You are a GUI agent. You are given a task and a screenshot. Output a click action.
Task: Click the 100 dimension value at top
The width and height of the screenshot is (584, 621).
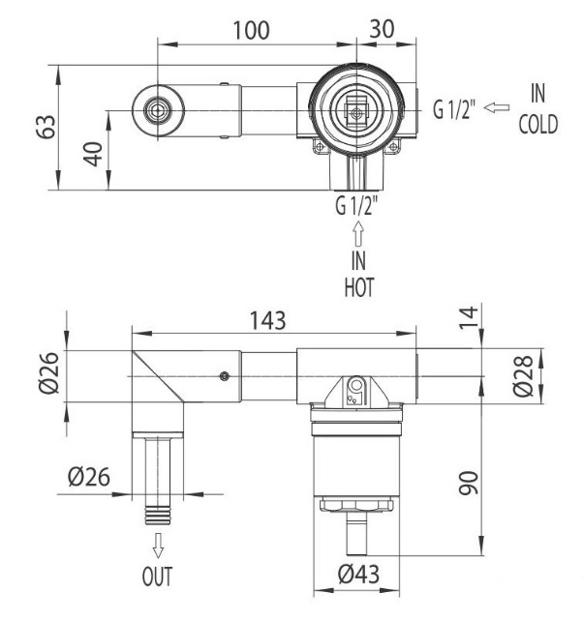click(x=250, y=29)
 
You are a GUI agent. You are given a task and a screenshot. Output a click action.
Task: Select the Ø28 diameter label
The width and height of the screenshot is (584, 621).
click(x=522, y=375)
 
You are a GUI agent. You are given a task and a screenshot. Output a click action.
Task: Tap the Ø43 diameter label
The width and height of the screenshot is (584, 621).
click(x=358, y=575)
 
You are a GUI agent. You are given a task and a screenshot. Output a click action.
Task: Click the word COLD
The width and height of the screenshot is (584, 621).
click(x=538, y=127)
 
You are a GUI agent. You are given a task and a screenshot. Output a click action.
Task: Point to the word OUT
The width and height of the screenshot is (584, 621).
click(x=157, y=578)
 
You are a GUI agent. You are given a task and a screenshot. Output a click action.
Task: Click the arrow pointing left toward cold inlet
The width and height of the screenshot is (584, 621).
click(x=496, y=108)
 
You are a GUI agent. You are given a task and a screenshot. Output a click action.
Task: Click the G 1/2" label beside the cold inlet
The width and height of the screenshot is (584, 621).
click(x=453, y=109)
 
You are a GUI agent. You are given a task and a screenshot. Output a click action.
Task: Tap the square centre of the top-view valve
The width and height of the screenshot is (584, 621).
click(x=356, y=113)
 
